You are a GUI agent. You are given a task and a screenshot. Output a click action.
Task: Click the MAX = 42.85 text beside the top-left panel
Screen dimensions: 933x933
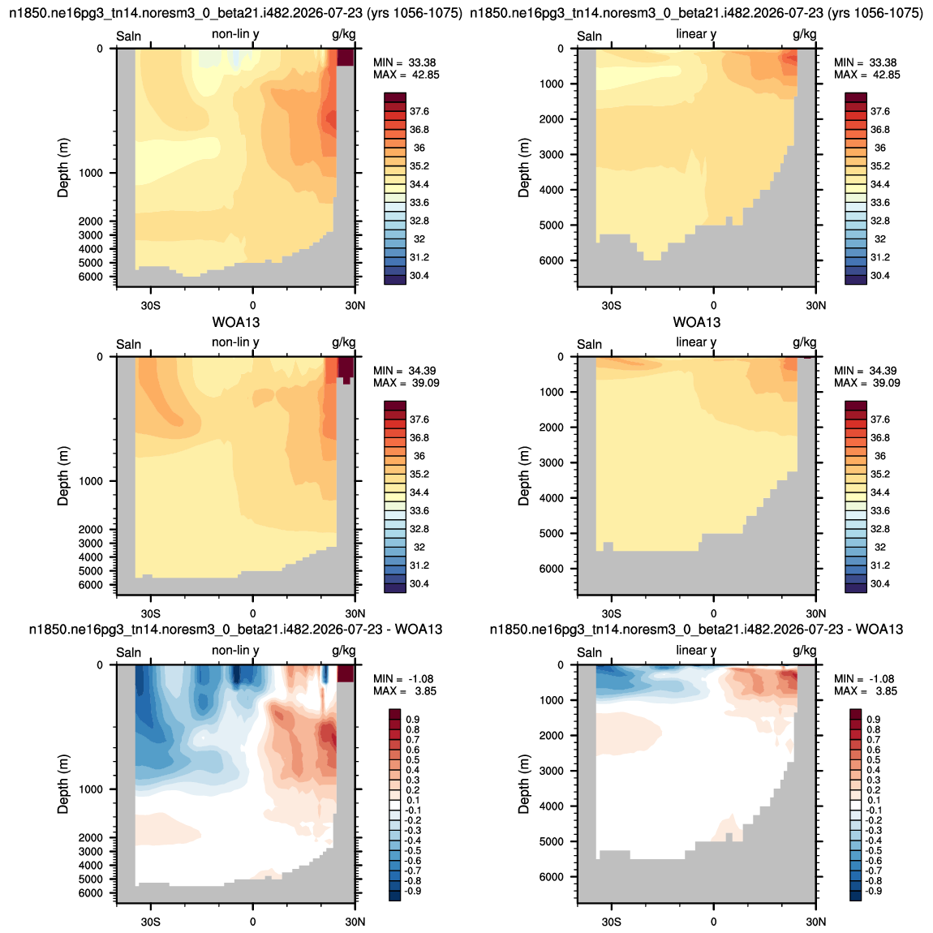click(x=406, y=75)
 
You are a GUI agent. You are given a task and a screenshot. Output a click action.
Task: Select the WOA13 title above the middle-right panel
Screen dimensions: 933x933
click(x=697, y=323)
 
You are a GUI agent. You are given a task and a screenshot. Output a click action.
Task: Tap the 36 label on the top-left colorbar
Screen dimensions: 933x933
click(x=419, y=148)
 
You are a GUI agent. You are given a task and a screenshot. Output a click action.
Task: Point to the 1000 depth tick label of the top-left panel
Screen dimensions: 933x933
click(x=90, y=173)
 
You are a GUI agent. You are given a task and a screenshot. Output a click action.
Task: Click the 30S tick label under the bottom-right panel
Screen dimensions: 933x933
click(x=611, y=922)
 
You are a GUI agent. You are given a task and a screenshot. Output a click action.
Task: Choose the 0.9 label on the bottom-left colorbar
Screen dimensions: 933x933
click(x=413, y=720)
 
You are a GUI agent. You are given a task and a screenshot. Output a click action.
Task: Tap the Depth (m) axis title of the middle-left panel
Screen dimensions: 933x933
click(x=63, y=476)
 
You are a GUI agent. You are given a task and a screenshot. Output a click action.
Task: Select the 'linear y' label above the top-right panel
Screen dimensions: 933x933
click(x=696, y=34)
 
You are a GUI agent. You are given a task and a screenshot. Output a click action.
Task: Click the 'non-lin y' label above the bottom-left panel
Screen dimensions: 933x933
click(x=235, y=651)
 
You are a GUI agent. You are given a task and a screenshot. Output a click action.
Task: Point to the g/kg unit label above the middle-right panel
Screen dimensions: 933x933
click(x=805, y=342)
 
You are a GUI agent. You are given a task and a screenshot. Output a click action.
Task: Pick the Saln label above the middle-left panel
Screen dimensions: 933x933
click(x=128, y=345)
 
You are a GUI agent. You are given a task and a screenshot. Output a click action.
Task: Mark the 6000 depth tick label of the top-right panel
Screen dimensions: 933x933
click(x=551, y=260)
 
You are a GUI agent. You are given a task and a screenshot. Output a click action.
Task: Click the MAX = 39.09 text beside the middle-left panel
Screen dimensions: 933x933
click(x=406, y=383)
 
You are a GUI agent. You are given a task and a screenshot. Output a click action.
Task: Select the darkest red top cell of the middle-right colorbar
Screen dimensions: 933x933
click(x=856, y=406)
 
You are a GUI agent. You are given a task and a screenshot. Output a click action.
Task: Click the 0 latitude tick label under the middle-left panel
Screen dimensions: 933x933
click(x=253, y=613)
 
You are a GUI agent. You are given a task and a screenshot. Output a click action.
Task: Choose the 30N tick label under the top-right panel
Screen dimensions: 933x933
click(x=816, y=305)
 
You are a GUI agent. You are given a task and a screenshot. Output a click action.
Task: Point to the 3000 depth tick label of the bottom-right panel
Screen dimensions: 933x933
click(x=551, y=772)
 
